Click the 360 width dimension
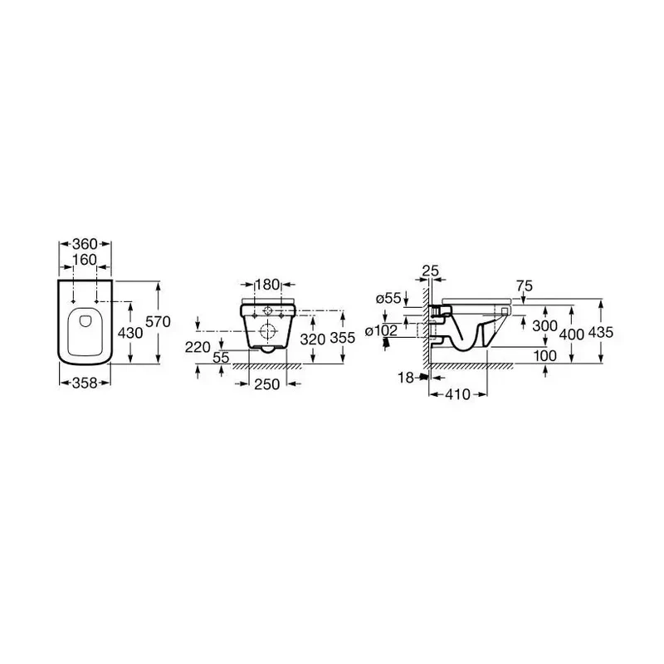click(85, 244)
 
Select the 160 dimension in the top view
click(85, 260)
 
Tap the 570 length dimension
click(158, 322)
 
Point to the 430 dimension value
click(130, 334)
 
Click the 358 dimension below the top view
click(85, 383)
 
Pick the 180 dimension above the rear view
click(268, 285)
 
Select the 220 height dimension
click(198, 347)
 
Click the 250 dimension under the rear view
click(266, 384)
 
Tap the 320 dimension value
click(313, 339)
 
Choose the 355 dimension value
click(342, 338)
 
